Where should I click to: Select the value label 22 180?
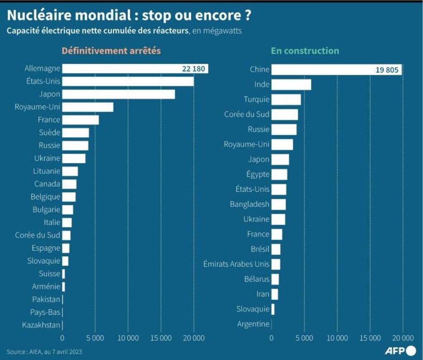[193, 69]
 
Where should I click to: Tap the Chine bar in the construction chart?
[322, 69]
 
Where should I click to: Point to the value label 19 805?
[387, 70]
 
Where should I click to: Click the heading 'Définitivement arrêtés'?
[111, 51]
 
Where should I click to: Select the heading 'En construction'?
[305, 51]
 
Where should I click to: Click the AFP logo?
[400, 351]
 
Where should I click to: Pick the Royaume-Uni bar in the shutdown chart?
[88, 107]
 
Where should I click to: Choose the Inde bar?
[291, 85]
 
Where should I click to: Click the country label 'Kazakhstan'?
[41, 325]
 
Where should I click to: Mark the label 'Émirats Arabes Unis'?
[236, 264]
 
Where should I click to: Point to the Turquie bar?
[286, 100]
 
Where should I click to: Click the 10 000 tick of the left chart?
[128, 338]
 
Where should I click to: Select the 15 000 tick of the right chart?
[370, 338]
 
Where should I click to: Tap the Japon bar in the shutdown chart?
[119, 94]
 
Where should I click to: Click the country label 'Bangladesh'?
[250, 204]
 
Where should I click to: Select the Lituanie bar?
[70, 171]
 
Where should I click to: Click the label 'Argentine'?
[253, 324]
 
